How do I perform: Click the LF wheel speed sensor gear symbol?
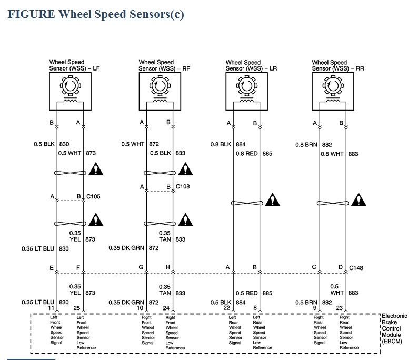coord(70,84)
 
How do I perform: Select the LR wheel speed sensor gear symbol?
coord(246,84)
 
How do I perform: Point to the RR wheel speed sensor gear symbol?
coord(332,84)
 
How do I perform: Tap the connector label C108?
coord(183,186)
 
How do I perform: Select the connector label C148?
coord(356,268)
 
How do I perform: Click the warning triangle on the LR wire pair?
coord(273,201)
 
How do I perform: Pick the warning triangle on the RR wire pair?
coord(360,201)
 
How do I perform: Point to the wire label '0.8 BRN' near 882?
coord(306,144)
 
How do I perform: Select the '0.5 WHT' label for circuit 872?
coord(133,144)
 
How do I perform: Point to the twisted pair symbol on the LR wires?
coord(246,203)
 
